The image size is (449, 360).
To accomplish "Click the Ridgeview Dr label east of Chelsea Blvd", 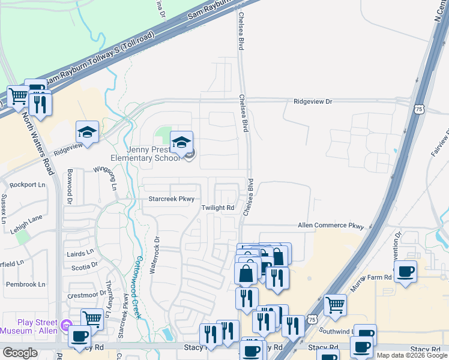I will pos(312,102).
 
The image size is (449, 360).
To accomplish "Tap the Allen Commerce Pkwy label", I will pos(331,226).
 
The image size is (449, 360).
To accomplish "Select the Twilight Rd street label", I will pos(217,208).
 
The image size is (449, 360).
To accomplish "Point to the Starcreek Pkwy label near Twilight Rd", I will pos(172,199).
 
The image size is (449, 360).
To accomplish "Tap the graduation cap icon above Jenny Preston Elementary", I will pos(181,143).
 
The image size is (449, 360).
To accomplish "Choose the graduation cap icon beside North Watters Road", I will pos(87,133).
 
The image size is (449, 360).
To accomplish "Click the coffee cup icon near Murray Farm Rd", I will pos(405,272).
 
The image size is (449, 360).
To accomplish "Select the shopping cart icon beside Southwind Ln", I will pos(335,305).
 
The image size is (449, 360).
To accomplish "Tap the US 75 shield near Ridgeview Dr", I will pos(418,109).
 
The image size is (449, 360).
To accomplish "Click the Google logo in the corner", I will pos(20,353).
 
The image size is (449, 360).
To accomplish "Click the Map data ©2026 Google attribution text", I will pos(411,355).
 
